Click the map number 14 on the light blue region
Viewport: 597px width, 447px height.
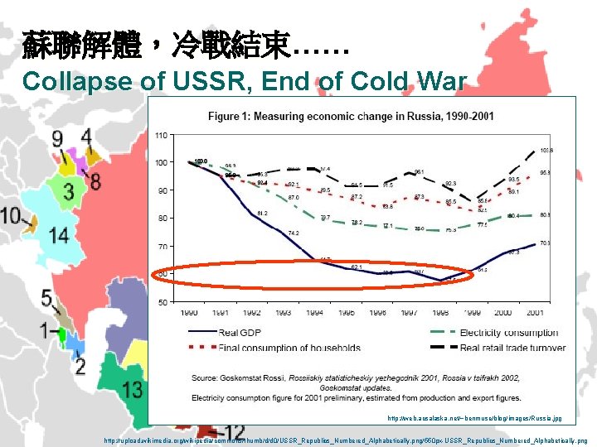tap(58, 235)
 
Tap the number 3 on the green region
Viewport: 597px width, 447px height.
tap(70, 192)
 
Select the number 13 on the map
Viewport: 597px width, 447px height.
tap(132, 388)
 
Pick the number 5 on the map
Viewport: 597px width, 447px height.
tap(46, 297)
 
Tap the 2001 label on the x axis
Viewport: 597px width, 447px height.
tap(533, 313)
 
